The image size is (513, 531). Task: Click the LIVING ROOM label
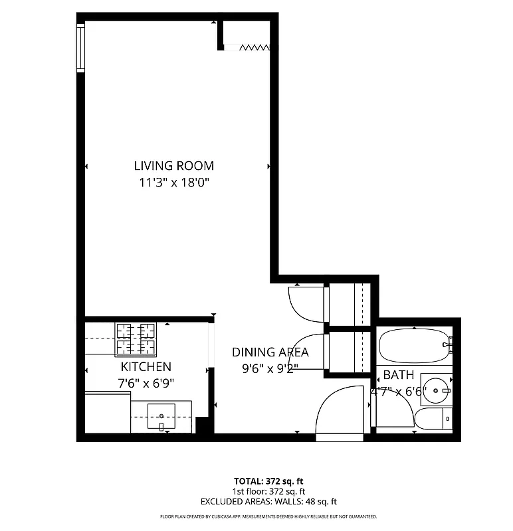[x=174, y=166]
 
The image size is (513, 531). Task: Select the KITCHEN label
[x=146, y=366]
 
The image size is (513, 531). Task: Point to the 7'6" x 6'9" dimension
[x=146, y=382]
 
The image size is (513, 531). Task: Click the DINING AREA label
[x=270, y=353]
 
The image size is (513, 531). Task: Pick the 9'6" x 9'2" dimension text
[x=270, y=369]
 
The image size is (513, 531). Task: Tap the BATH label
[x=398, y=375]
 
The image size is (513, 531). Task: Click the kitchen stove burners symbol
[x=136, y=339]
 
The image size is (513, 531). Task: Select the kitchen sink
[x=161, y=417]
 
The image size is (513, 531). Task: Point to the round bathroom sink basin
[x=437, y=390]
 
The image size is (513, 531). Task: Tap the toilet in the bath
[x=433, y=419]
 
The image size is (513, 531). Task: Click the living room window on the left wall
[x=80, y=47]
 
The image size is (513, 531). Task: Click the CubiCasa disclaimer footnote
[x=268, y=516]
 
